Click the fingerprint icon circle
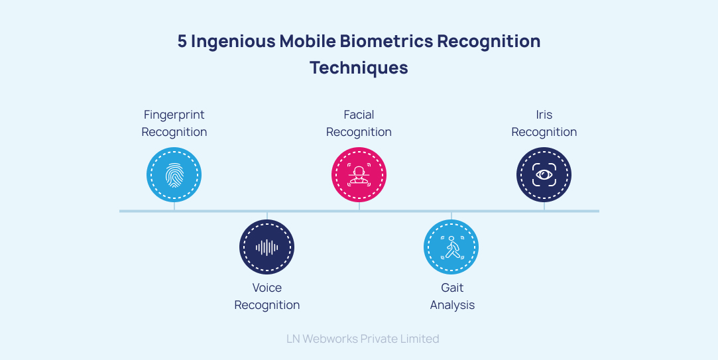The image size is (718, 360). (174, 175)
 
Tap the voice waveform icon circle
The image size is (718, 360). (267, 247)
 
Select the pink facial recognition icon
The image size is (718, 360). (359, 175)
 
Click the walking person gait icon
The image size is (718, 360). (451, 247)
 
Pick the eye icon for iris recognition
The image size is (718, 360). (544, 175)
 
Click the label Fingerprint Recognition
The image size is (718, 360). (174, 123)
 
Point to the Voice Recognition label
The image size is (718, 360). (267, 296)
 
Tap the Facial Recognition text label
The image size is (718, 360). (359, 123)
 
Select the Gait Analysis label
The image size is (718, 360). (452, 296)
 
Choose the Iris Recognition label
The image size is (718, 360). (544, 123)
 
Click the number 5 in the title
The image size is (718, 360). (182, 41)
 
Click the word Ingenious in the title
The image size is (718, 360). (233, 42)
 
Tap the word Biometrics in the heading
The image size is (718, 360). (387, 41)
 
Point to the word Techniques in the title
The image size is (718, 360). (359, 68)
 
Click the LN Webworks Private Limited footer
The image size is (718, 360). (363, 339)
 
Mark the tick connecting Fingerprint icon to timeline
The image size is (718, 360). (174, 206)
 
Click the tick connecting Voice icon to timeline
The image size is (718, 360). (267, 216)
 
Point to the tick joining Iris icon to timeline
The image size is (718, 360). (544, 206)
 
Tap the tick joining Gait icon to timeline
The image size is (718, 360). (451, 216)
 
